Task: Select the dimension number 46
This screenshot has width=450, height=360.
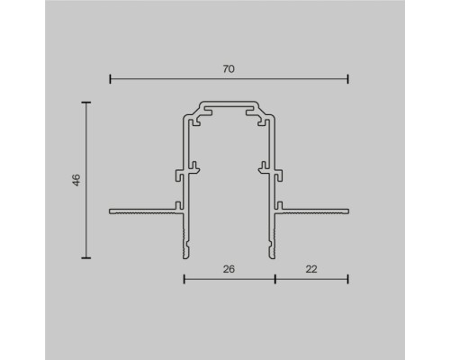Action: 77,180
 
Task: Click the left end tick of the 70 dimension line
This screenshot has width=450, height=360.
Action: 110,79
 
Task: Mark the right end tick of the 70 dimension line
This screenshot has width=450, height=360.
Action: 348,79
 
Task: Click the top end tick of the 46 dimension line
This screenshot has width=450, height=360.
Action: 87,103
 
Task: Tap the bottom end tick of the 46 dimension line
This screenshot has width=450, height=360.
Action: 87,258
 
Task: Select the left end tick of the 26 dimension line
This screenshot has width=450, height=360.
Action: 184,279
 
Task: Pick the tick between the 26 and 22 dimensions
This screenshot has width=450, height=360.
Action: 274,279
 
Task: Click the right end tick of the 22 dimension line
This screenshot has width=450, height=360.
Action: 348,279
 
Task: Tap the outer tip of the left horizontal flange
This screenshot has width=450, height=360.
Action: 111,212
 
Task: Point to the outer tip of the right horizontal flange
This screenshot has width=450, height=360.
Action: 347,212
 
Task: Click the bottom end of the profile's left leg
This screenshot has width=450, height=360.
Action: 186,256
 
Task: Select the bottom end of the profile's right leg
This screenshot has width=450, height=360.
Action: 272,256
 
